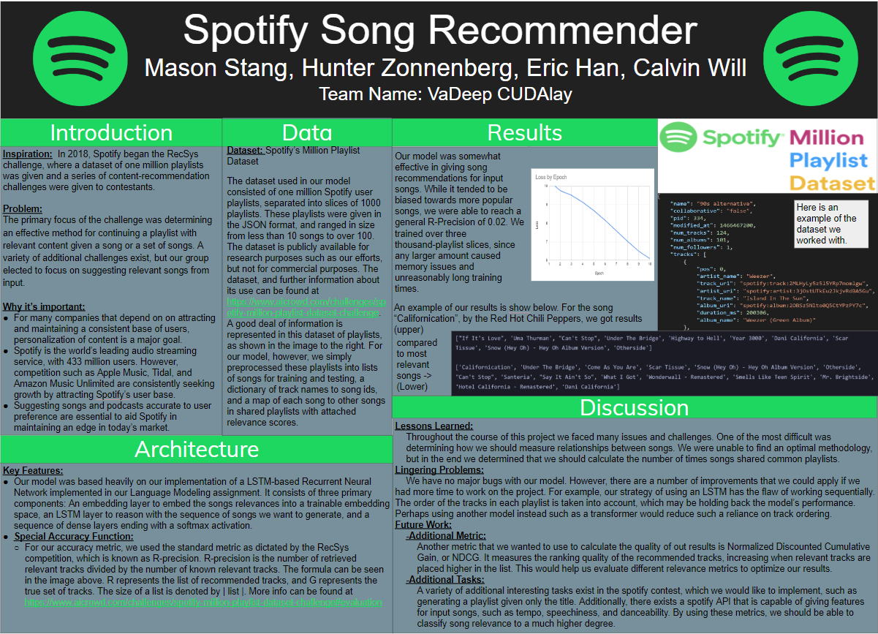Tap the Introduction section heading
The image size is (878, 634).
[111, 132]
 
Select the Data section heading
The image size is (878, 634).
[307, 132]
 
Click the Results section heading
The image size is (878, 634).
[524, 132]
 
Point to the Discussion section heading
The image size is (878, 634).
[634, 408]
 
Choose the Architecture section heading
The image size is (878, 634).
[197, 448]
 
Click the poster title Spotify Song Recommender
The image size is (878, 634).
[440, 31]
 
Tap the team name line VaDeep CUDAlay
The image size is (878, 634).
[445, 94]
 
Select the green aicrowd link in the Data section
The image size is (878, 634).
[304, 307]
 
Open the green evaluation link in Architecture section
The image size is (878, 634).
[203, 602]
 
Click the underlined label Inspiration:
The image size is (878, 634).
[28, 154]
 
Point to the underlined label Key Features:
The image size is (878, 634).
[33, 470]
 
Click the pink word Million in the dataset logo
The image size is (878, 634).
[826, 137]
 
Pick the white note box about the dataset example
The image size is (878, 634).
[831, 224]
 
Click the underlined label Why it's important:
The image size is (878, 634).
[44, 306]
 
